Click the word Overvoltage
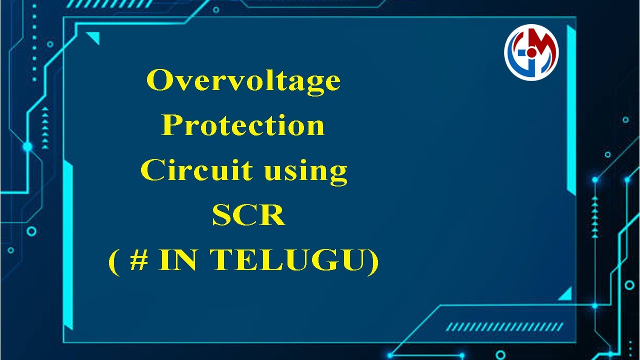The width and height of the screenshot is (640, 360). (x=243, y=81)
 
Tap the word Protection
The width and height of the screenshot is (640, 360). (x=243, y=125)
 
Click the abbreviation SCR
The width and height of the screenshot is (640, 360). (x=248, y=216)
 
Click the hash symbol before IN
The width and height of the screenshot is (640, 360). (x=138, y=260)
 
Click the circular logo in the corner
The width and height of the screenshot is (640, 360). (x=531, y=52)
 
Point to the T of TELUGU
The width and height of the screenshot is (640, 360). (x=220, y=260)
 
